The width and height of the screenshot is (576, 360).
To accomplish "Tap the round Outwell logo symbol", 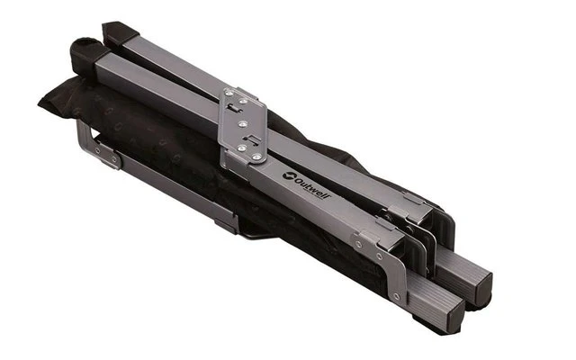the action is pos(289,175).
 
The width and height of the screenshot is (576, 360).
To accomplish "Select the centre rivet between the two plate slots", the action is pos(242,124).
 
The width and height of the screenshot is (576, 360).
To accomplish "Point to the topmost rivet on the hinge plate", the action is pos(229,94).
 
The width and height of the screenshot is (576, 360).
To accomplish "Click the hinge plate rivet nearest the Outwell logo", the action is pos(257,157).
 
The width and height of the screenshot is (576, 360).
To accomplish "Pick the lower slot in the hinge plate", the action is pos(251,139).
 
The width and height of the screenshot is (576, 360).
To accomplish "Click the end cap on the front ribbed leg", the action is pos(456,314).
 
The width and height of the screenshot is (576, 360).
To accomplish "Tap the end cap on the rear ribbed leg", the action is pos(484,285).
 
